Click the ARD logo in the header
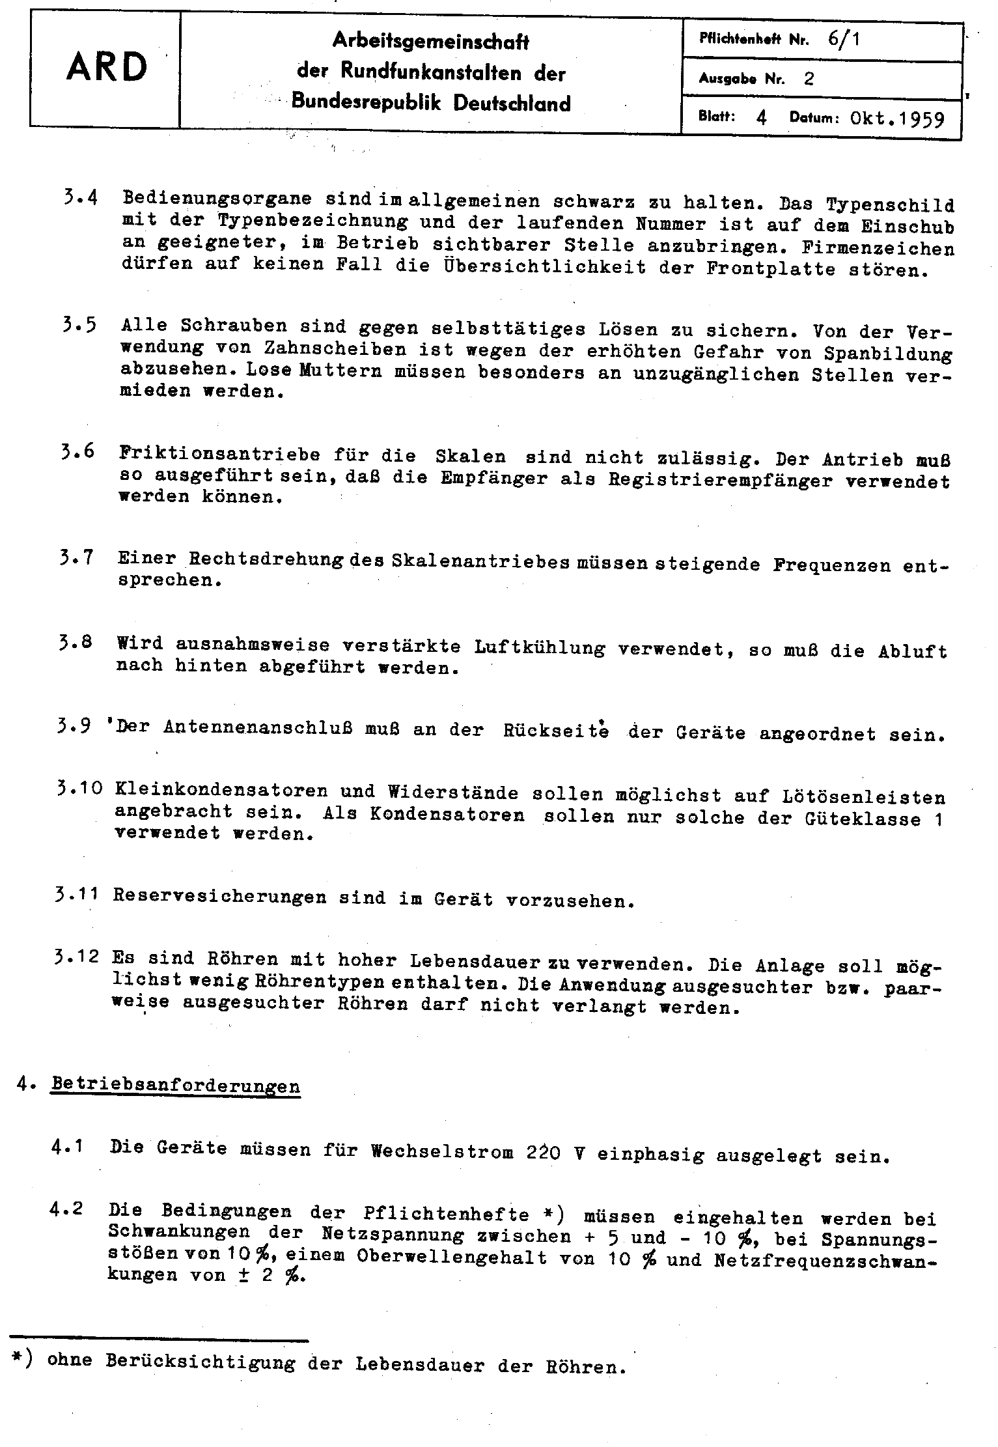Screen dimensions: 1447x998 pos(107,68)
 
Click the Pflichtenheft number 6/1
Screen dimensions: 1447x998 pos(844,38)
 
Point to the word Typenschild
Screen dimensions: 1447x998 pos(890,204)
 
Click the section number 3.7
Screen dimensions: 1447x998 pos(76,558)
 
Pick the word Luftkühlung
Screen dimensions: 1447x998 pos(540,647)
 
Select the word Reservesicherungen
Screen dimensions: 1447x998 pos(219,897)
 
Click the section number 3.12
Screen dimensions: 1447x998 pos(77,957)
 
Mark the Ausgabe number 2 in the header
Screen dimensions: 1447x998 pos(809,79)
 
